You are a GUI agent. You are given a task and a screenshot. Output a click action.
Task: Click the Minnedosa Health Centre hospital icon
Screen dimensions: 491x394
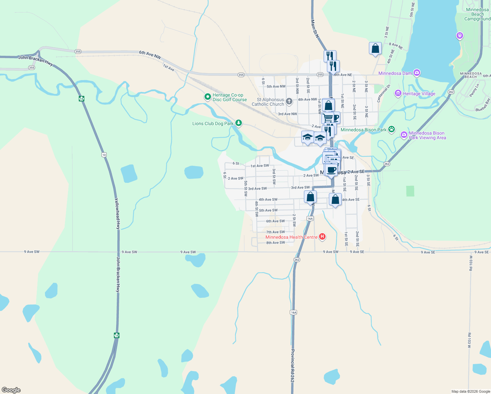(x=322, y=236)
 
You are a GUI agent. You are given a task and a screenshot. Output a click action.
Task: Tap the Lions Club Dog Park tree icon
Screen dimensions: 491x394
(x=239, y=123)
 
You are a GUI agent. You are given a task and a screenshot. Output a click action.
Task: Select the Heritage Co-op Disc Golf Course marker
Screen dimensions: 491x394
(x=207, y=97)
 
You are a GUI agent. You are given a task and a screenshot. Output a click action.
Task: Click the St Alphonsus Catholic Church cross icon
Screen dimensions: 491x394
(x=289, y=101)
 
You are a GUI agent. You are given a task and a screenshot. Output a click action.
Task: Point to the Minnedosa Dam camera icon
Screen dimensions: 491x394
(x=416, y=73)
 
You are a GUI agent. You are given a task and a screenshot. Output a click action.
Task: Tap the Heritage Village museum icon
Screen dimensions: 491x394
(x=398, y=94)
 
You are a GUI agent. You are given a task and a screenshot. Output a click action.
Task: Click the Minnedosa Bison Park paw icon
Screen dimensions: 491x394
(x=392, y=129)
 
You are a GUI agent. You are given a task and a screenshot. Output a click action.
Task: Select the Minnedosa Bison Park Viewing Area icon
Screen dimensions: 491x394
(x=404, y=135)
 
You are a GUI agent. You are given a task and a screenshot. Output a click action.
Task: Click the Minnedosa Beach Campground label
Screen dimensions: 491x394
(x=477, y=14)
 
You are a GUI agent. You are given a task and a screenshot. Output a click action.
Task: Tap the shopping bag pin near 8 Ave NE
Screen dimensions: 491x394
(x=375, y=49)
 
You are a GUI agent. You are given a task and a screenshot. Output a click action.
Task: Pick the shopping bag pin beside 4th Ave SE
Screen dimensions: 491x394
(x=335, y=200)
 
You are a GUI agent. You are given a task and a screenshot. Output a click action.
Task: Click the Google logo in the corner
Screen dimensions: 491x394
(x=11, y=390)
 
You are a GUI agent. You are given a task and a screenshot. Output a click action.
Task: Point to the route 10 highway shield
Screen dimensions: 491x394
(x=104, y=155)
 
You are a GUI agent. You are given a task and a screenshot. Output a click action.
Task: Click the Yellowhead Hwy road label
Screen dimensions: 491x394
(x=117, y=213)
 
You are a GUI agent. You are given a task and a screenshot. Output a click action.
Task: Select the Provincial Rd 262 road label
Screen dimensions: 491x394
(x=292, y=365)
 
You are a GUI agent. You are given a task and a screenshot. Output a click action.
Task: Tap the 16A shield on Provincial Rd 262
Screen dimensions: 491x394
(x=293, y=312)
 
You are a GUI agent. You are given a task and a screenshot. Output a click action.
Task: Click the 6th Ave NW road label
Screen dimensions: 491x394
(x=150, y=55)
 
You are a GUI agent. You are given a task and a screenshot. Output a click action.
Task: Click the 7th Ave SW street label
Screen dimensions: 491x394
(x=275, y=232)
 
